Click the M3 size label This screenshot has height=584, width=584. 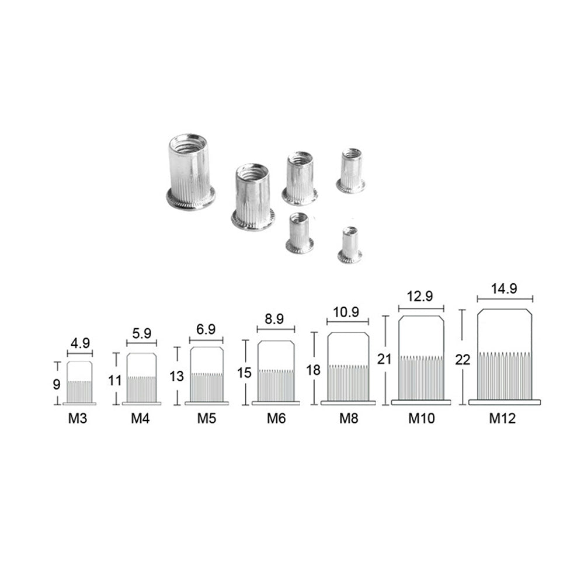[x=78, y=418]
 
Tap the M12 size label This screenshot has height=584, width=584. [x=502, y=418]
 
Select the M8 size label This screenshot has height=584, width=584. [x=349, y=418]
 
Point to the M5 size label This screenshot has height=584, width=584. [x=207, y=418]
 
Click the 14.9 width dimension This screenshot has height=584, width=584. [x=505, y=288]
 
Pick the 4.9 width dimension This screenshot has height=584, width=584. [x=80, y=343]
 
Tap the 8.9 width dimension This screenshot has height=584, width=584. [x=274, y=319]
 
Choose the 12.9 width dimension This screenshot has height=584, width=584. [x=420, y=296]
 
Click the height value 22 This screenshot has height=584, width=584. [x=463, y=360]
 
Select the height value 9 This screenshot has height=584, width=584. [x=56, y=384]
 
